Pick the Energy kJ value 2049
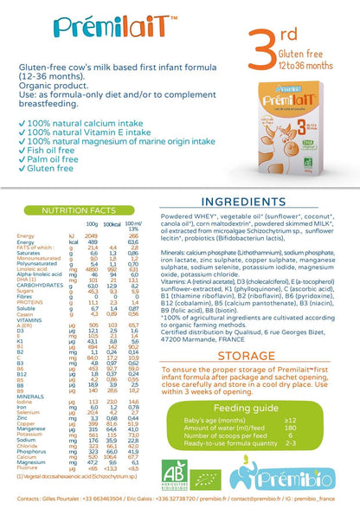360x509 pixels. click(x=91, y=211)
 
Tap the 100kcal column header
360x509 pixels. click(x=112, y=199)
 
